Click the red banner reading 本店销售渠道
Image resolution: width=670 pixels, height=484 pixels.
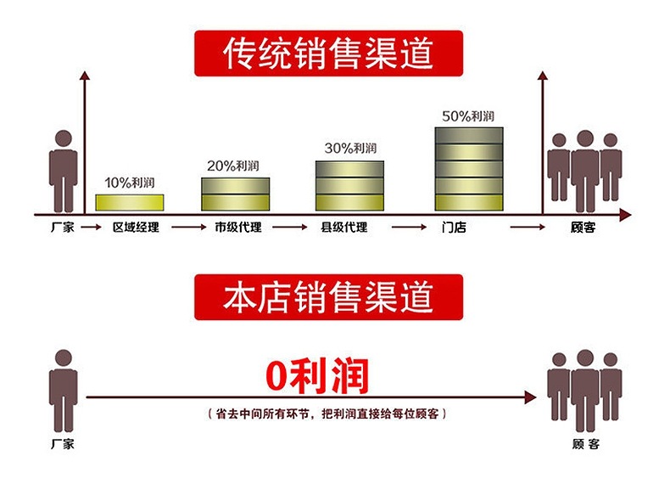[328, 296]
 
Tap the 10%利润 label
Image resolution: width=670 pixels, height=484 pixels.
[129, 183]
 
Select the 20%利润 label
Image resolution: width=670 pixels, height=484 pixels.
[234, 166]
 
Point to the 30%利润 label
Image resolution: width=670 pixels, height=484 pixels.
[350, 148]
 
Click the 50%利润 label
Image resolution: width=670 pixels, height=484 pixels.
[468, 115]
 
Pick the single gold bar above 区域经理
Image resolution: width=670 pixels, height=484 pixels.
[129, 202]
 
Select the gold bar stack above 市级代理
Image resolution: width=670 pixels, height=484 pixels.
[235, 194]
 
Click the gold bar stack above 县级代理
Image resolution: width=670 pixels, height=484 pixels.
[349, 185]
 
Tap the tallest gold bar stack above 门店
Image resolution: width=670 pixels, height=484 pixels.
[469, 169]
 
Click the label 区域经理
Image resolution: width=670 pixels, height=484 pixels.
[136, 228]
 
